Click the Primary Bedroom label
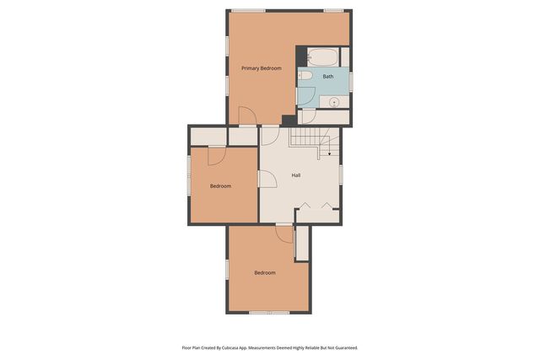coord(261,67)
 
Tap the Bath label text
coord(327,77)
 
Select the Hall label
coord(296,175)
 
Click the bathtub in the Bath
coord(321,57)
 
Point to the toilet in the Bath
coord(305,76)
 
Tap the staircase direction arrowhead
coord(328,155)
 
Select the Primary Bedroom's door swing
coord(247,116)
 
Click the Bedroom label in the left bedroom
coord(220,185)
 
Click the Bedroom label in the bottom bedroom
coord(265,272)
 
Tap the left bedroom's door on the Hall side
coord(267,178)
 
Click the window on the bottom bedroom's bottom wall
coord(267,312)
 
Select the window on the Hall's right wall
coord(341,174)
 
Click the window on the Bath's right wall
coord(350,79)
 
